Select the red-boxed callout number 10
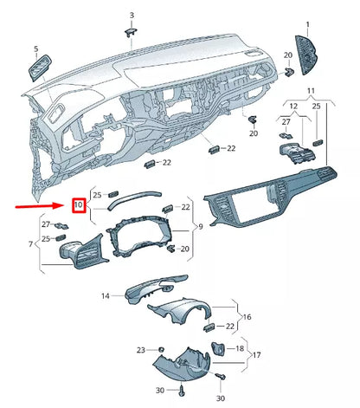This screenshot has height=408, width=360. click(x=78, y=205)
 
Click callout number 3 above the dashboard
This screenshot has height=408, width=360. click(x=132, y=16)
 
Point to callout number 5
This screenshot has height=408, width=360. click(x=35, y=49)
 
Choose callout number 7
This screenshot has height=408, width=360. click(x=33, y=245)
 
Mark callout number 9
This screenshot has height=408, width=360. click(x=201, y=226)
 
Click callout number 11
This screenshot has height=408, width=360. click(x=310, y=90)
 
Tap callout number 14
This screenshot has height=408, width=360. click(x=106, y=296)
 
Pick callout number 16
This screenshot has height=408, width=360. click(x=247, y=317)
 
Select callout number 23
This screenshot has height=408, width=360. click(x=139, y=349)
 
